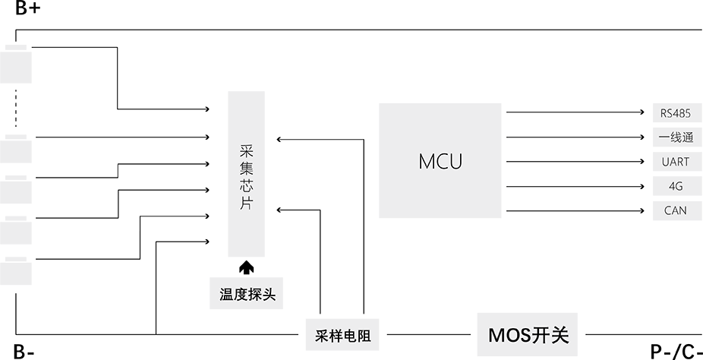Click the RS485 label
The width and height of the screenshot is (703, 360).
(675, 114)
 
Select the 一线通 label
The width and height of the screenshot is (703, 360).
(675, 137)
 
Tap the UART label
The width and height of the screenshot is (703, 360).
(675, 162)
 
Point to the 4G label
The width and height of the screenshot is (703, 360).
(675, 186)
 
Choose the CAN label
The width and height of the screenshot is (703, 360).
(675, 210)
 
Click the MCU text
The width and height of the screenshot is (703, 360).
(440, 162)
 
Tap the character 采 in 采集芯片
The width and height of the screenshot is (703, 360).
(245, 150)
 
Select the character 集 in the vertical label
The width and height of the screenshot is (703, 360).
(245, 168)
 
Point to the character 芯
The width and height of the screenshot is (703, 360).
(245, 186)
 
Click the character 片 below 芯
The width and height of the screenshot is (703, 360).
(245, 204)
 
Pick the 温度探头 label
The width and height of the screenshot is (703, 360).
(247, 295)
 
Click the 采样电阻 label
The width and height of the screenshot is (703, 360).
(342, 336)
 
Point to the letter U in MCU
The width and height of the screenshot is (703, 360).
(455, 162)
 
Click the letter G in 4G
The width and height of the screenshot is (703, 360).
(679, 186)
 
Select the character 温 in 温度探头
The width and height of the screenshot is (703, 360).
(226, 295)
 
